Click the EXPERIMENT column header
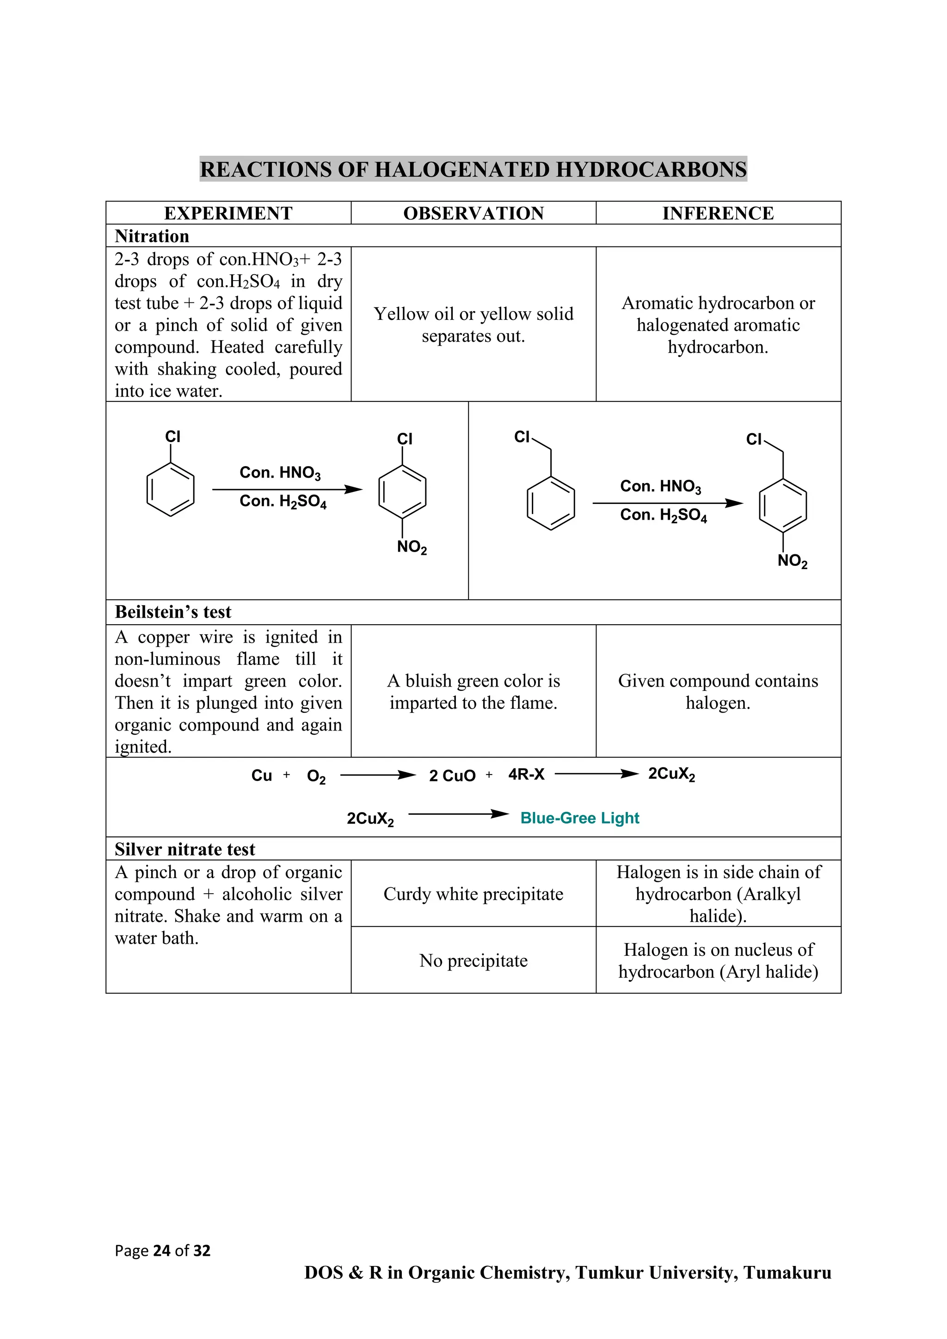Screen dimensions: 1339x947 228,214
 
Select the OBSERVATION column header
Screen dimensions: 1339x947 473,214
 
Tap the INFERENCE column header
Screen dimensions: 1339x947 718,214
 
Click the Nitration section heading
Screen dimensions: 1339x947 152,236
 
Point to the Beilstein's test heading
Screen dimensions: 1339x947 172,612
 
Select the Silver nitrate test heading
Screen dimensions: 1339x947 185,849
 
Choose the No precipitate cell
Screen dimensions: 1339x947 473,960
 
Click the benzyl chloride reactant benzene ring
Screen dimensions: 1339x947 550,504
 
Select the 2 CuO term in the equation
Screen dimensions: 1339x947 452,776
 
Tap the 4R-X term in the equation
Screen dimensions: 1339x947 526,774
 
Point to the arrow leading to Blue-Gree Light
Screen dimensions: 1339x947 458,814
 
